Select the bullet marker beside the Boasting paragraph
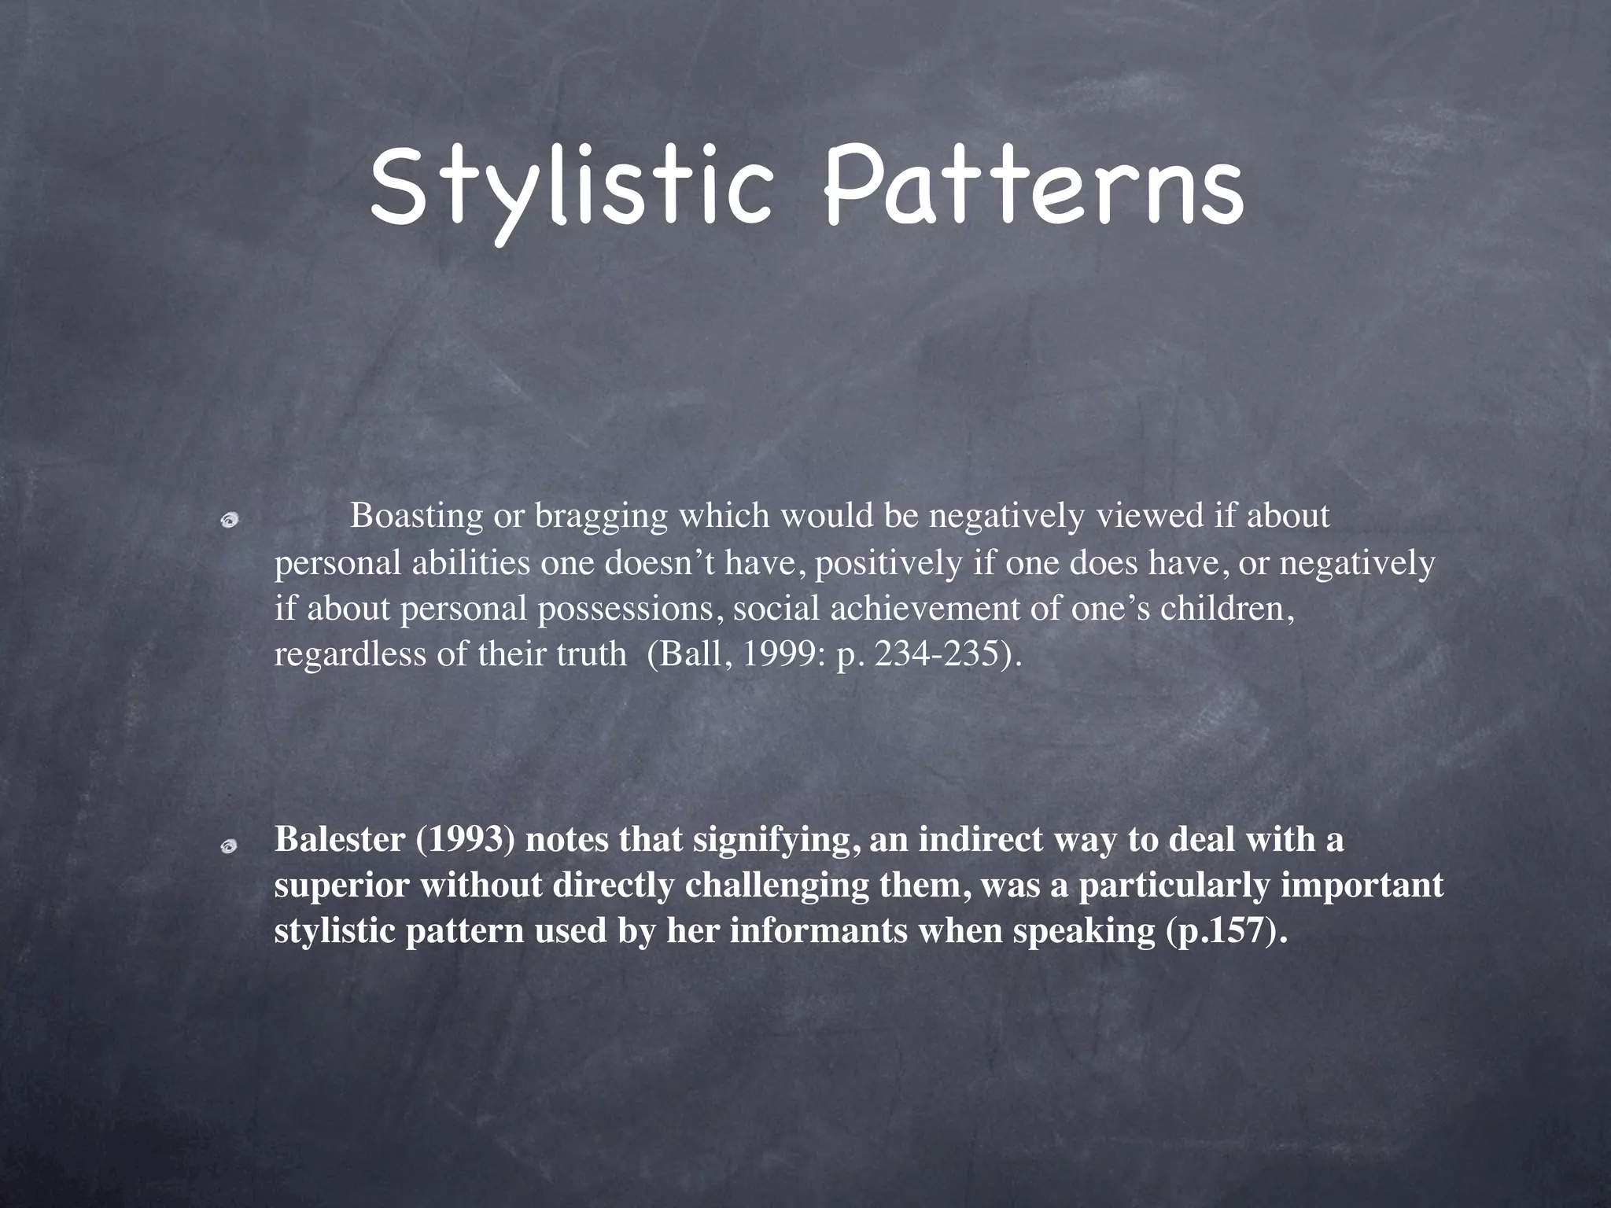(229, 519)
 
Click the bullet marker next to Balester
(229, 845)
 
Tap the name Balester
(339, 840)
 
